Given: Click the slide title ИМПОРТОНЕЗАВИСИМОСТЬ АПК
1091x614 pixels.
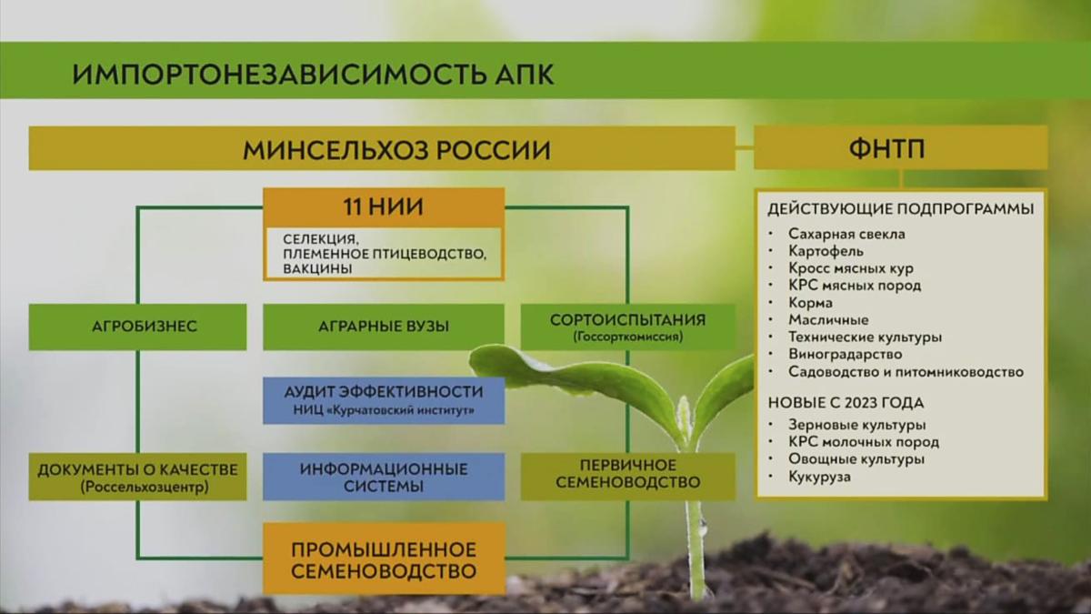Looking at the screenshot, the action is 313,74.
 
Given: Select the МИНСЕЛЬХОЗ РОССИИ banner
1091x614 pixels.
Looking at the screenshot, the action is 382,148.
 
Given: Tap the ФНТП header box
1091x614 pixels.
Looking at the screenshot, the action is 901,147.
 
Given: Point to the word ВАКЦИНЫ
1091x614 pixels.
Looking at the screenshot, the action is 317,268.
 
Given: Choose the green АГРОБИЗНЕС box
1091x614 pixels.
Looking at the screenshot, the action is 138,327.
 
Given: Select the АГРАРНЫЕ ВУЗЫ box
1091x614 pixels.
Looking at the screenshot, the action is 384,327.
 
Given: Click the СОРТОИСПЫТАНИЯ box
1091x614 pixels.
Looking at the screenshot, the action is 628,327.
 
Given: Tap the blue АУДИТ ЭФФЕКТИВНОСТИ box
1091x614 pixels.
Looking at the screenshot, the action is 384,399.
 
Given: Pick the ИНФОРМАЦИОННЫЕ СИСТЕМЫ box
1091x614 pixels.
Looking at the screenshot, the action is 384,477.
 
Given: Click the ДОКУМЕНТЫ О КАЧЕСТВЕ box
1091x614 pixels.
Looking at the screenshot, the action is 138,477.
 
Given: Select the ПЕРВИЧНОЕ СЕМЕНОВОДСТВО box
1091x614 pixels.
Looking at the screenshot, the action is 628,477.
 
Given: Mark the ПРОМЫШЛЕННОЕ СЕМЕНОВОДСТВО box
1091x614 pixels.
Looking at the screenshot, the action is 384,559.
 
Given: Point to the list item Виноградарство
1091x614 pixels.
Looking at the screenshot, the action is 845,354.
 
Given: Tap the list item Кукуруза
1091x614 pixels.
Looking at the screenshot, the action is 820,477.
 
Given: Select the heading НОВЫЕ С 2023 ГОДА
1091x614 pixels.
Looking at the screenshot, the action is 846,403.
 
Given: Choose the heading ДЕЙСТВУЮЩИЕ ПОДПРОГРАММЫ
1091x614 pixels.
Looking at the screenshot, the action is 901,209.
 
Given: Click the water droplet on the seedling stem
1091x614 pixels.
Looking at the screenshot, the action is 702,526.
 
